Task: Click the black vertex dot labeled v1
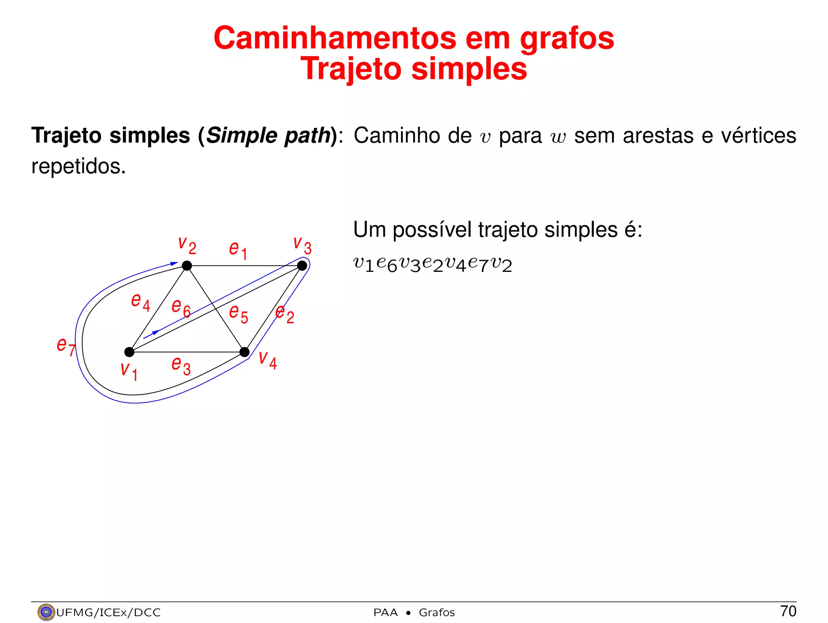pyautogui.click(x=129, y=352)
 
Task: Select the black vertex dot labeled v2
pyautogui.click(x=187, y=266)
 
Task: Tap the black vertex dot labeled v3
pyautogui.click(x=302, y=266)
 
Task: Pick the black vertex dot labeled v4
pyautogui.click(x=245, y=352)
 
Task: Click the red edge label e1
pyautogui.click(x=238, y=250)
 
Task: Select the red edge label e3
pyautogui.click(x=181, y=365)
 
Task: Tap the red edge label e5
pyautogui.click(x=239, y=314)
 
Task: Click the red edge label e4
pyautogui.click(x=141, y=302)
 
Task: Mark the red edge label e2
pyautogui.click(x=285, y=314)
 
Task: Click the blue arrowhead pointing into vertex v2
pyautogui.click(x=174, y=264)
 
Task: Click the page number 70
pyautogui.click(x=788, y=611)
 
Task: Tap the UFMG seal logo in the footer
pyautogui.click(x=46, y=612)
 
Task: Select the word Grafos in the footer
pyautogui.click(x=437, y=612)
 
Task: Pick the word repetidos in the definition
pyautogui.click(x=78, y=166)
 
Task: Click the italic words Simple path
pyautogui.click(x=268, y=136)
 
